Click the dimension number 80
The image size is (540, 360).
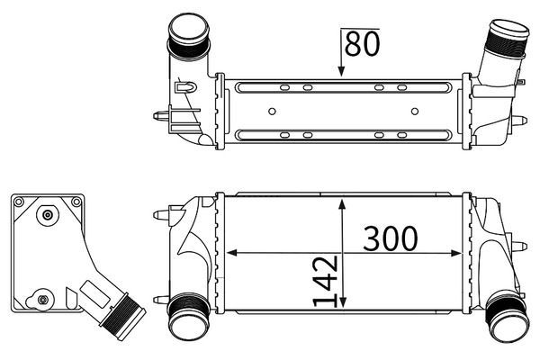(362, 44)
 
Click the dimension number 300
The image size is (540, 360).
(391, 238)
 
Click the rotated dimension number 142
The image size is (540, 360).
(325, 281)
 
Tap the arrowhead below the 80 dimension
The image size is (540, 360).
(341, 71)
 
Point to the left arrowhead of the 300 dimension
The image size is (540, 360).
(232, 253)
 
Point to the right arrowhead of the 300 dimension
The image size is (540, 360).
(456, 254)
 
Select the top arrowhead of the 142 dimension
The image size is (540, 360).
(342, 204)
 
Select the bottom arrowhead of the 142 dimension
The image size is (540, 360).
(342, 302)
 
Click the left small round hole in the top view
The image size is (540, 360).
(272, 112)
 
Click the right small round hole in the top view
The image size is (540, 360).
(415, 112)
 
